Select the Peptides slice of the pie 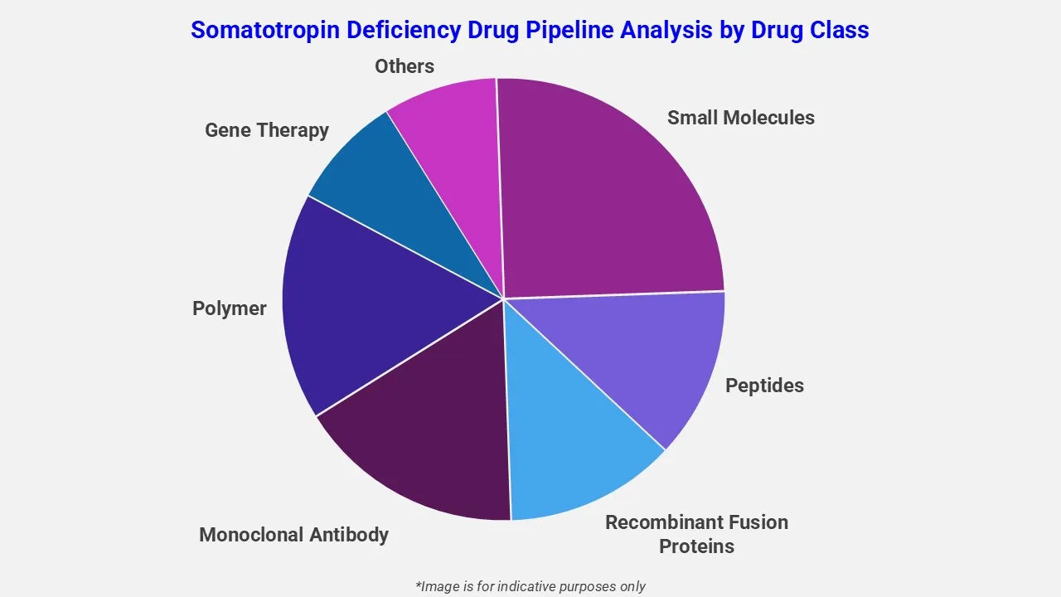(655, 357)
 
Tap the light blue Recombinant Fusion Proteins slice (572, 439)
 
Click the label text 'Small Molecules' (740, 118)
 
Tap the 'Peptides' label (764, 386)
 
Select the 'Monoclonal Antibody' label (293, 535)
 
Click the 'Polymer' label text (229, 308)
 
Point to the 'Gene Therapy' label (266, 130)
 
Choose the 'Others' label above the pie (404, 66)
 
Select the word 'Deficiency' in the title (398, 30)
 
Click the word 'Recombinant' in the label (663, 522)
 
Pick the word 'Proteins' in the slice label (696, 546)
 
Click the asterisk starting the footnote (419, 585)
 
